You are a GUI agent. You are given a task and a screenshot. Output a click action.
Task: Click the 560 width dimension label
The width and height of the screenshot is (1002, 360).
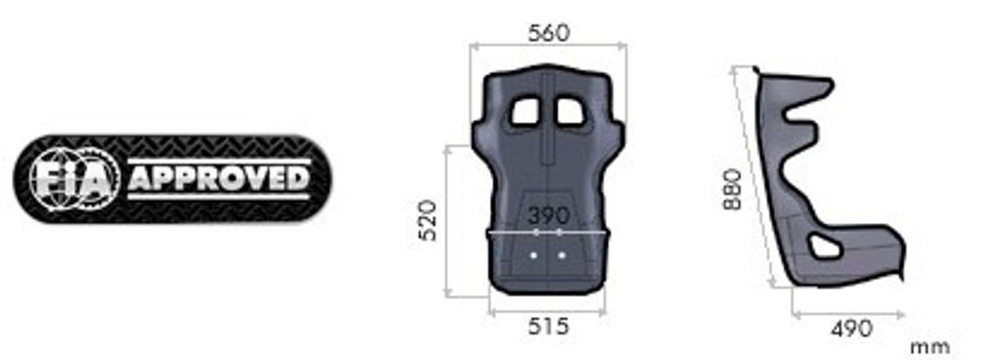548,33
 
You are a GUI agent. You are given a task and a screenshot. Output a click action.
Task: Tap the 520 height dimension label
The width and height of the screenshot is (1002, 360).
428,219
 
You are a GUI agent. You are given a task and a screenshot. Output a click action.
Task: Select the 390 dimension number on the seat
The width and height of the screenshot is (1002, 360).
548,215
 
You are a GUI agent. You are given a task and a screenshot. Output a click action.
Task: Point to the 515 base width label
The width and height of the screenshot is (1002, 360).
548,326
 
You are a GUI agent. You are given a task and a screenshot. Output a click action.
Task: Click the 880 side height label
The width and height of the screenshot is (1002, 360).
732,189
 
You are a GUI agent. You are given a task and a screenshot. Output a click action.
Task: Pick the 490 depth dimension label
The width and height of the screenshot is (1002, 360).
851,329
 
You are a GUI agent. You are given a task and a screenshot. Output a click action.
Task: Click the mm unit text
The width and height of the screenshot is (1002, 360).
930,348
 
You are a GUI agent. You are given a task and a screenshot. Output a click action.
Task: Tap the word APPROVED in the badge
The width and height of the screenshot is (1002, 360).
219,179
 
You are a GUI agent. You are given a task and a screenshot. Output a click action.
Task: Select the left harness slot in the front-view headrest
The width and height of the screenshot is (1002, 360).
525,112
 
